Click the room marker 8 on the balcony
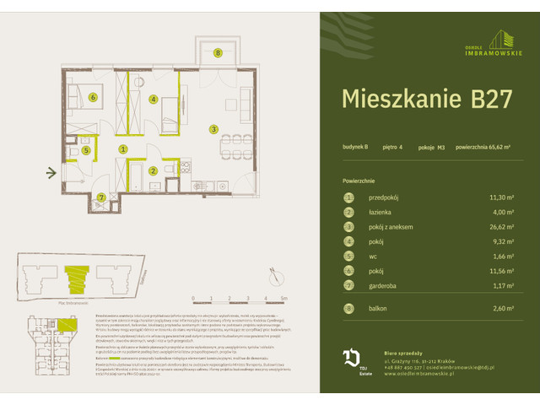coord(218,53)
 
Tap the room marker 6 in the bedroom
coord(93,97)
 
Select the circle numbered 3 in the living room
coord(214,129)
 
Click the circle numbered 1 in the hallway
coord(123,149)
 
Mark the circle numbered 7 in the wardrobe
coord(101,197)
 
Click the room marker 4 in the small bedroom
coord(153,99)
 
